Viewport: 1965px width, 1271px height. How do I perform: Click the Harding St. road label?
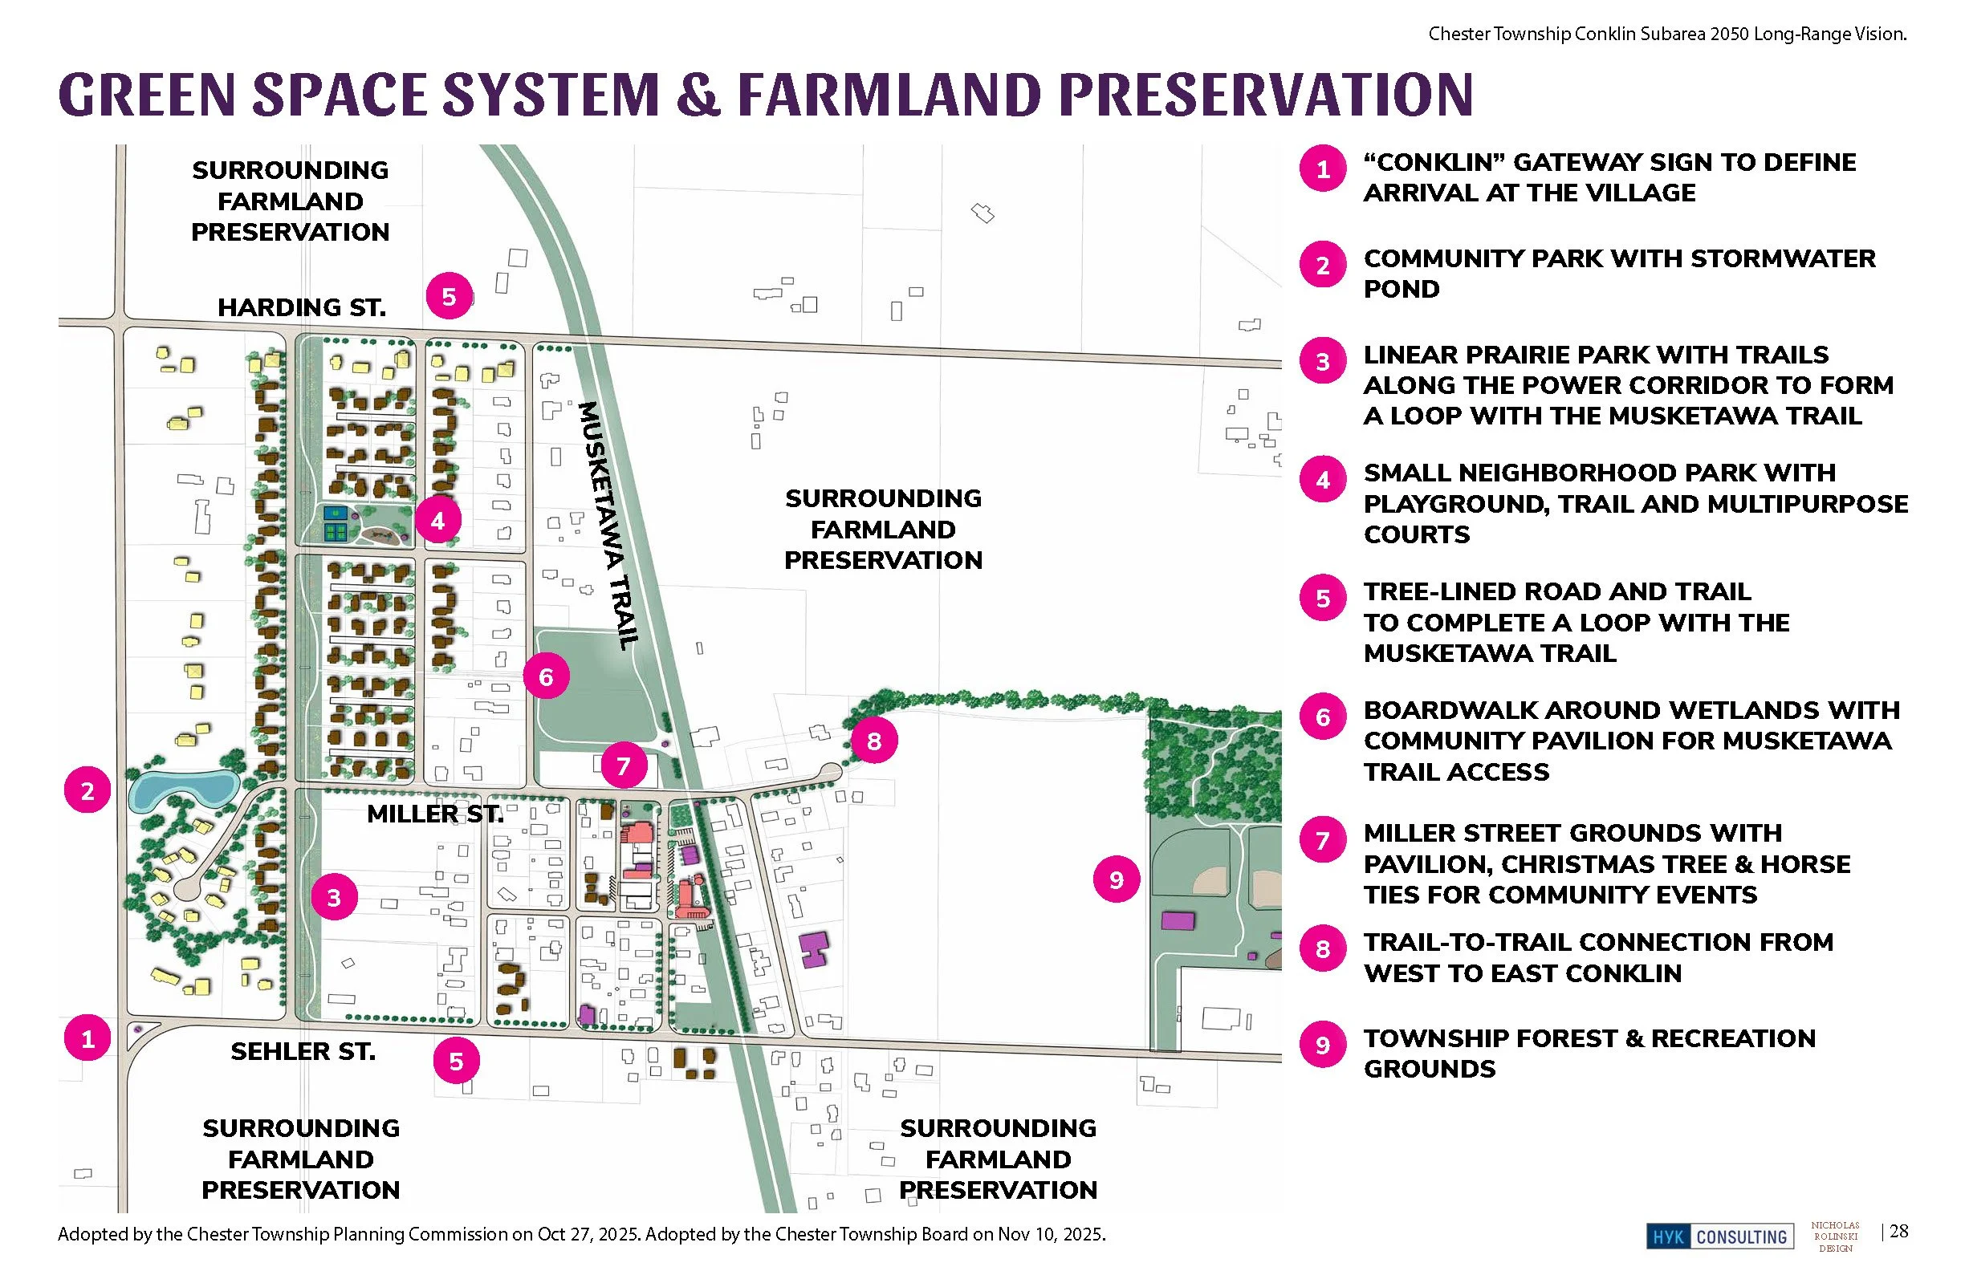click(x=301, y=308)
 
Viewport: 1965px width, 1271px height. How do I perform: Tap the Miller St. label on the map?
click(x=434, y=814)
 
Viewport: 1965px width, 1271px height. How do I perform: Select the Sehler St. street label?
click(x=303, y=1052)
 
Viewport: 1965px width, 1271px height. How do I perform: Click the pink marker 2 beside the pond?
click(x=87, y=790)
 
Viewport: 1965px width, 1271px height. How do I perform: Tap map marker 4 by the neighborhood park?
click(x=437, y=521)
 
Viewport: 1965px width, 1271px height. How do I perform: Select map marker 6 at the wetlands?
click(x=546, y=676)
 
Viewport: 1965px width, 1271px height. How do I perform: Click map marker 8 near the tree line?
click(x=873, y=741)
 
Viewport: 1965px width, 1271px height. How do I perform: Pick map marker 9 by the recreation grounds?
click(x=1117, y=879)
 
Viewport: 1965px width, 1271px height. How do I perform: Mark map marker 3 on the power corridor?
click(x=335, y=898)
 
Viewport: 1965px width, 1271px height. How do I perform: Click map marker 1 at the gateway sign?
click(x=87, y=1038)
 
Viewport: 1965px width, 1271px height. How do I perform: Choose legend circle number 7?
click(x=1323, y=841)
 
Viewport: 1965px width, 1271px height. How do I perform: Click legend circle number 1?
click(x=1323, y=169)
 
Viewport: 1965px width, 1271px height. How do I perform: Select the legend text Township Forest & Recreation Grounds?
click(x=1589, y=1054)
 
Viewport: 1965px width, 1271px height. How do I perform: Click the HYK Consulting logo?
click(x=1720, y=1236)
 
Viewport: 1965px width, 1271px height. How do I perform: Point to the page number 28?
click(x=1898, y=1232)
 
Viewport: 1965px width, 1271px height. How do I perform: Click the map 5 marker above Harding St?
click(x=450, y=296)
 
